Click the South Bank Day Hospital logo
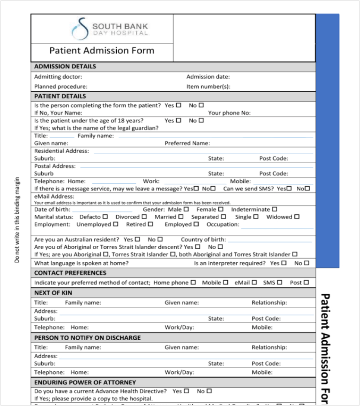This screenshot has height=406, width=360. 109,29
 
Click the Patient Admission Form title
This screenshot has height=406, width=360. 102,51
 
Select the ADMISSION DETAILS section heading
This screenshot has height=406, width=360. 65,67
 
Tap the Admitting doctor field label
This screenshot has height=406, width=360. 58,77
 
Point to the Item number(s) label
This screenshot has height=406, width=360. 208,87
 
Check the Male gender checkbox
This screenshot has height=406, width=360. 186,210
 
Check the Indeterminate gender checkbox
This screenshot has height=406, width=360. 275,210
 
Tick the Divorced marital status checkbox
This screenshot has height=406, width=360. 144,217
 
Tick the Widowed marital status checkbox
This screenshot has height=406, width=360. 297,217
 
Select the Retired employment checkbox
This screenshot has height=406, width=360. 151,224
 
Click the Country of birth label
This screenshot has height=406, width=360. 203,240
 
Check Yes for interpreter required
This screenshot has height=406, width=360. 284,263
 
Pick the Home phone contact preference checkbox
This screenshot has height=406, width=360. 193,283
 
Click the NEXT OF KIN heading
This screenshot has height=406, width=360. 53,293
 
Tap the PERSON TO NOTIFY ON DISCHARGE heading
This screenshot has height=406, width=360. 87,338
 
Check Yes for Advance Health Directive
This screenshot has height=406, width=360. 187,391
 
